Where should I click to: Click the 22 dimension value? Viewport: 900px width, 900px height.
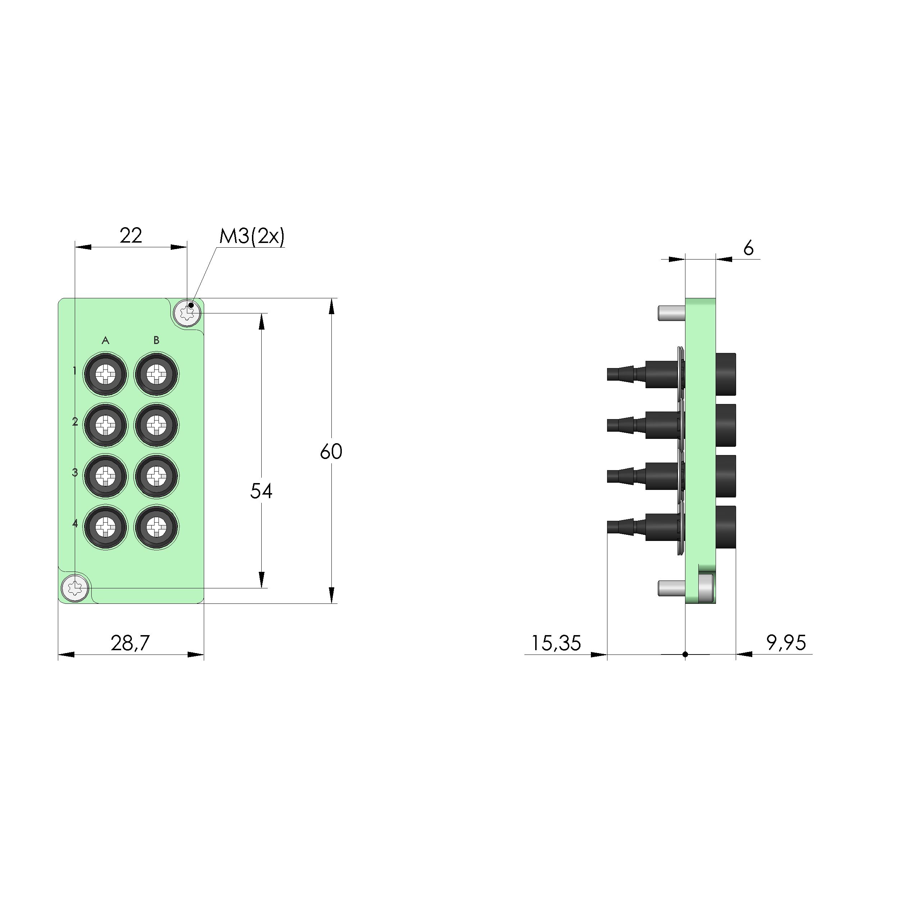tap(130, 236)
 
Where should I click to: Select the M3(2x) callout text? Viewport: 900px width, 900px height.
tap(252, 237)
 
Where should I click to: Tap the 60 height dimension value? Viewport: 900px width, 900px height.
tap(331, 451)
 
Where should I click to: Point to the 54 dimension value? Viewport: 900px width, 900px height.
tap(261, 491)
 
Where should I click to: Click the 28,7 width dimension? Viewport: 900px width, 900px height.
tap(130, 643)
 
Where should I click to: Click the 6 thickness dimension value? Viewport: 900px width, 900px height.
tap(748, 249)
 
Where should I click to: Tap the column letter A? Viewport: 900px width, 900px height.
tap(105, 340)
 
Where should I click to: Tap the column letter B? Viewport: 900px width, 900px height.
tap(156, 340)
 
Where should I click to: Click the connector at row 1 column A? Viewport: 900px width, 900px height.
tap(105, 375)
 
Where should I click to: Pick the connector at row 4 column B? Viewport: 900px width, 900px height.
tap(156, 528)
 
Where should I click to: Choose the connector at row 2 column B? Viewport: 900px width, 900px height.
tap(156, 425)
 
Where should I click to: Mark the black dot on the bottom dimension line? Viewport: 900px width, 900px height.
tap(685, 655)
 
